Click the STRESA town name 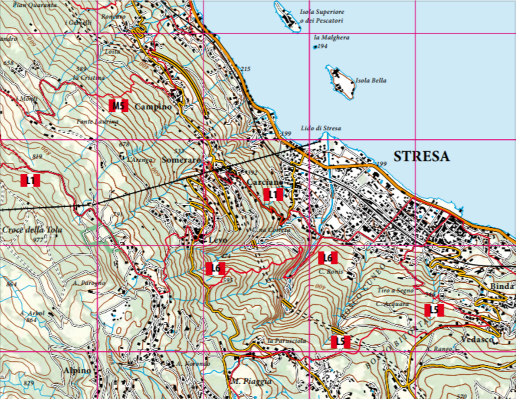(x=421, y=157)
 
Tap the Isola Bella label (x=370, y=80)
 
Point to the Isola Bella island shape (x=343, y=84)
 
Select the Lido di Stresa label (x=321, y=128)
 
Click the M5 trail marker (x=118, y=106)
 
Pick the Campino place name (x=153, y=107)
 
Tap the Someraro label (x=181, y=160)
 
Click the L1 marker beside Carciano (x=273, y=195)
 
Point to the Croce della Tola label (x=32, y=230)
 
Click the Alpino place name (x=77, y=370)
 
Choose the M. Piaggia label (x=251, y=382)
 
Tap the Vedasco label (x=477, y=340)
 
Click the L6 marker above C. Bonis (x=328, y=258)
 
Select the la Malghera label (x=331, y=38)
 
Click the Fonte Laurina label (x=98, y=122)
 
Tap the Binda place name (x=502, y=286)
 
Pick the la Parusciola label (x=287, y=341)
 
